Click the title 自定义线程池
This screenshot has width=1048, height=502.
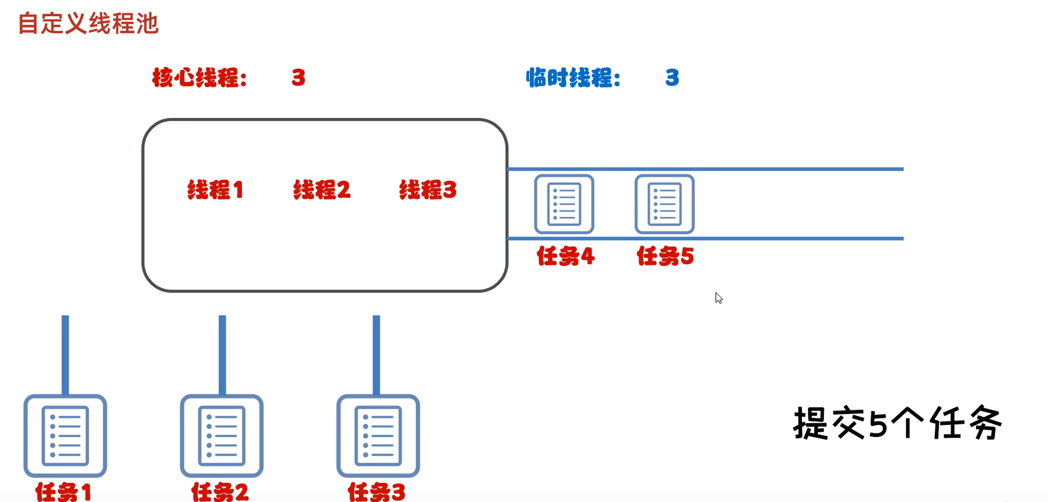89,24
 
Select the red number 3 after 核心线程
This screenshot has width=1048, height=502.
299,78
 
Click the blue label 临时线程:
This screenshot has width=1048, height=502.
573,78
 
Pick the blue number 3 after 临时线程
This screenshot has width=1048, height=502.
672,78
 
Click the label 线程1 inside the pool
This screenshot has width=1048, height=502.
216,190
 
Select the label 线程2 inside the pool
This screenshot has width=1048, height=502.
322,190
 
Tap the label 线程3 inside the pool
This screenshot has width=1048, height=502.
428,190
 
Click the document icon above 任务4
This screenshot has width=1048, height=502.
564,204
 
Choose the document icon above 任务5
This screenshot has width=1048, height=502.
664,204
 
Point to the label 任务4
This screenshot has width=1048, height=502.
565,256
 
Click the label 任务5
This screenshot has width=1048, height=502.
665,256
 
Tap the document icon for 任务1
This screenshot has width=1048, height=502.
65,435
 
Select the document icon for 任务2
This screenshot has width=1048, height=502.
222,435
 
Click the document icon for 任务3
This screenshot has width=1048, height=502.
378,435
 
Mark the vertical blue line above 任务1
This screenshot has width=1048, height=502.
65,354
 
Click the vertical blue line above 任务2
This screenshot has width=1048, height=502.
222,354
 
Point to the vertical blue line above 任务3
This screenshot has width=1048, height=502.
376,354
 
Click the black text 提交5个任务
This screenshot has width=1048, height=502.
897,423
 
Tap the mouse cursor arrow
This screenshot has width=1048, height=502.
719,298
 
